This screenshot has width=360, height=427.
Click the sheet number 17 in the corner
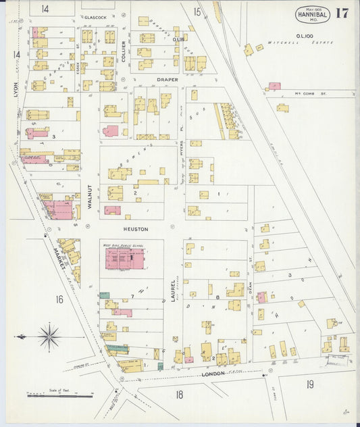pyautogui.click(x=342, y=13)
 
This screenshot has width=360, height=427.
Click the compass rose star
pyautogui.click(x=48, y=336)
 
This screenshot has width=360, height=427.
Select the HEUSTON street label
pyautogui.click(x=135, y=229)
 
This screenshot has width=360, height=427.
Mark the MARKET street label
pyautogui.click(x=59, y=259)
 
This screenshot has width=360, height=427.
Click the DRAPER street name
pyautogui.click(x=167, y=79)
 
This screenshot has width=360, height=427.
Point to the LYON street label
pyautogui.click(x=15, y=89)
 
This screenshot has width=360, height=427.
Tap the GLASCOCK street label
pyautogui.click(x=95, y=16)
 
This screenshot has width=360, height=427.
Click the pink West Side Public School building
pyautogui.click(x=124, y=257)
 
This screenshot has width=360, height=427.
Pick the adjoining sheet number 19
pyautogui.click(x=309, y=384)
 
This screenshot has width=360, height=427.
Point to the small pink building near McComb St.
pyautogui.click(x=274, y=86)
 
